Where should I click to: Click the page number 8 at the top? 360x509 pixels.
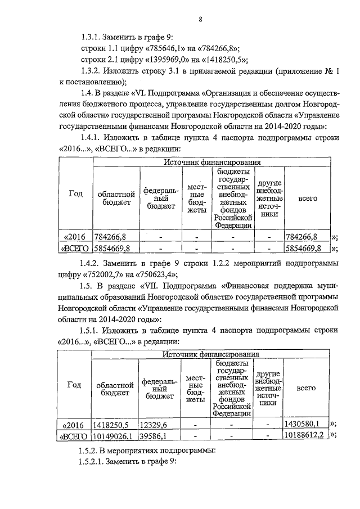(x=200, y=20)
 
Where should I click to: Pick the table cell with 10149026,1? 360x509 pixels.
(x=113, y=435)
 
